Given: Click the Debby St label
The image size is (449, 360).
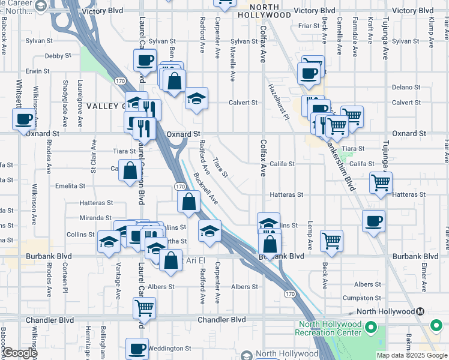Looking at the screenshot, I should [x=58, y=56].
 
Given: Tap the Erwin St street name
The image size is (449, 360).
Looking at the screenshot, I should [x=37, y=71].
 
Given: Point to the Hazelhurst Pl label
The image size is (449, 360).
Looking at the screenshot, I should [x=279, y=100].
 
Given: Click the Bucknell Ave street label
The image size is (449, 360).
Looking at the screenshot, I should [x=206, y=188].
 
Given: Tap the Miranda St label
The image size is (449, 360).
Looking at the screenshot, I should [x=96, y=218].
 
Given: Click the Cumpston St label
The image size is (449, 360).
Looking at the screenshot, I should [x=359, y=298].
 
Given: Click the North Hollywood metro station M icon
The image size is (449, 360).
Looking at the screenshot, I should [x=421, y=311].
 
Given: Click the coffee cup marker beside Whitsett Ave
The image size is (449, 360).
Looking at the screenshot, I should [x=25, y=118].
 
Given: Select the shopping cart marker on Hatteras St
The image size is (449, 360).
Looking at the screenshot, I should [x=381, y=182].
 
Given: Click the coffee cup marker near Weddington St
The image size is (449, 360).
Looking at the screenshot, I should [x=137, y=349].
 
